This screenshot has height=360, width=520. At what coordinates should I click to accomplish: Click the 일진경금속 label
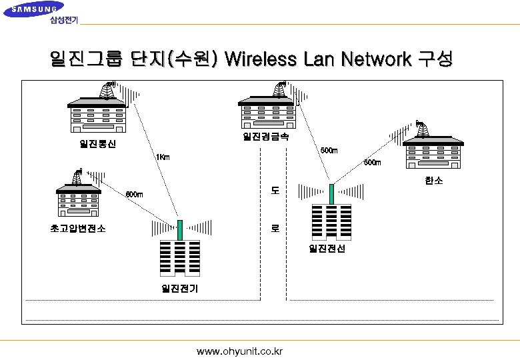[265, 137]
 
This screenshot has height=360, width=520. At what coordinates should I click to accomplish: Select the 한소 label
[433, 181]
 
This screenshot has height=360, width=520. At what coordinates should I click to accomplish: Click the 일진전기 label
[179, 289]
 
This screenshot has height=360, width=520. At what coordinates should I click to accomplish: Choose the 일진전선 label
[327, 249]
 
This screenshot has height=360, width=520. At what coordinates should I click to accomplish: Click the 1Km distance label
[162, 157]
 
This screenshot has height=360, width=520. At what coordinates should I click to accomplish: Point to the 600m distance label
[134, 194]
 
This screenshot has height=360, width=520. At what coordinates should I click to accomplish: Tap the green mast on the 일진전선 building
[331, 193]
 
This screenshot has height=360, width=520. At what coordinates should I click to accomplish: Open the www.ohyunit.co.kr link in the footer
[239, 351]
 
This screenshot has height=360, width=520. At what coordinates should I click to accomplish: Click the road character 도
[275, 191]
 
